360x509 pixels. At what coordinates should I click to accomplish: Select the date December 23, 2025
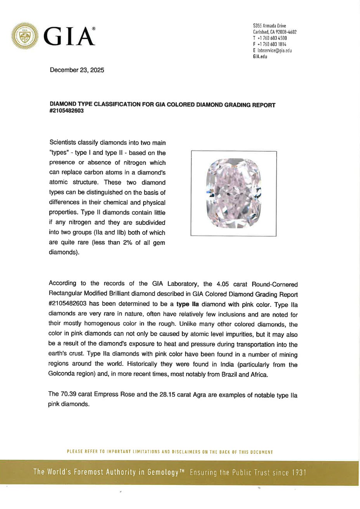77,70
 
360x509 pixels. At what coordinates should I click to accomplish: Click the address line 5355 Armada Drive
269,26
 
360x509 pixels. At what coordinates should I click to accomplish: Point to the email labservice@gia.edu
274,50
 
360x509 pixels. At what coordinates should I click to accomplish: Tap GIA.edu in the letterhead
260,57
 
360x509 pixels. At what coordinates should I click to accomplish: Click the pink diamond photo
234,193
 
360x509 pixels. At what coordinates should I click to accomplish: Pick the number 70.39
68,394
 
